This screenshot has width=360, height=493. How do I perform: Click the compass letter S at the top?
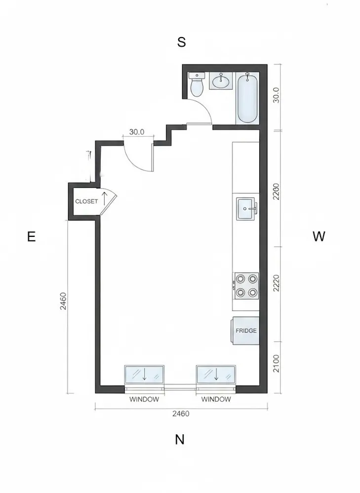pyautogui.click(x=181, y=42)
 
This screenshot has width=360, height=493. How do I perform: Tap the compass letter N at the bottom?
pyautogui.click(x=180, y=440)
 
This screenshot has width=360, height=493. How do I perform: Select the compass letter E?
pyautogui.click(x=32, y=237)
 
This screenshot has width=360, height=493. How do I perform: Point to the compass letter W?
pyautogui.click(x=319, y=236)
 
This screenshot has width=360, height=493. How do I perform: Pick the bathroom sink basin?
pyautogui.click(x=221, y=81)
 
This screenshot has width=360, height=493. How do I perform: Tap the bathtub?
pyautogui.click(x=247, y=98)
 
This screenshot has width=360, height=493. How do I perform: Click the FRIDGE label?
pyautogui.click(x=246, y=331)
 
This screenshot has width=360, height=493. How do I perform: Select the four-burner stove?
pyautogui.click(x=246, y=286)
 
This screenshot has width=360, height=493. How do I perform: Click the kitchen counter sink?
pyautogui.click(x=246, y=209)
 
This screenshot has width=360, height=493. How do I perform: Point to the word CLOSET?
pyautogui.click(x=86, y=201)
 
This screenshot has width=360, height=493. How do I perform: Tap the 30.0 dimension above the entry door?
pyautogui.click(x=136, y=132)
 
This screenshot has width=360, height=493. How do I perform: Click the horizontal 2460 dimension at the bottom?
pyautogui.click(x=181, y=414)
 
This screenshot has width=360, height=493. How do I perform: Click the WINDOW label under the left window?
pyautogui.click(x=144, y=399)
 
